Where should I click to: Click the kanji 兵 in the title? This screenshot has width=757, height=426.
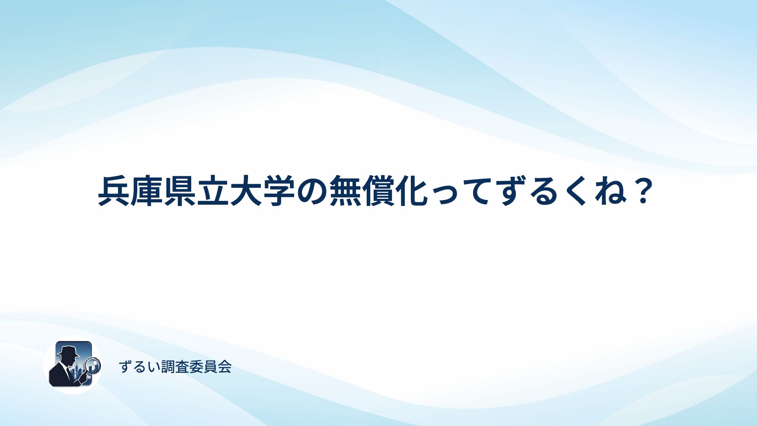pyautogui.click(x=114, y=191)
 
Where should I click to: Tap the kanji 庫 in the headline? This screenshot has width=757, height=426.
pyautogui.click(x=147, y=191)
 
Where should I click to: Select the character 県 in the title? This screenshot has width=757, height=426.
pyautogui.click(x=180, y=191)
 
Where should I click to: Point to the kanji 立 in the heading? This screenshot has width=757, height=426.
pyautogui.click(x=213, y=191)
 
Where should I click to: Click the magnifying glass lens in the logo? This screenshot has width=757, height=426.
pyautogui.click(x=93, y=365)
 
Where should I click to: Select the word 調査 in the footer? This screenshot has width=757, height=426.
pyautogui.click(x=175, y=367)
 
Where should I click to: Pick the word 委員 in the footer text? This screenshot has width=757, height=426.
pyautogui.click(x=203, y=367)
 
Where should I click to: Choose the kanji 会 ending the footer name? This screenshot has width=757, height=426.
pyautogui.click(x=224, y=367)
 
